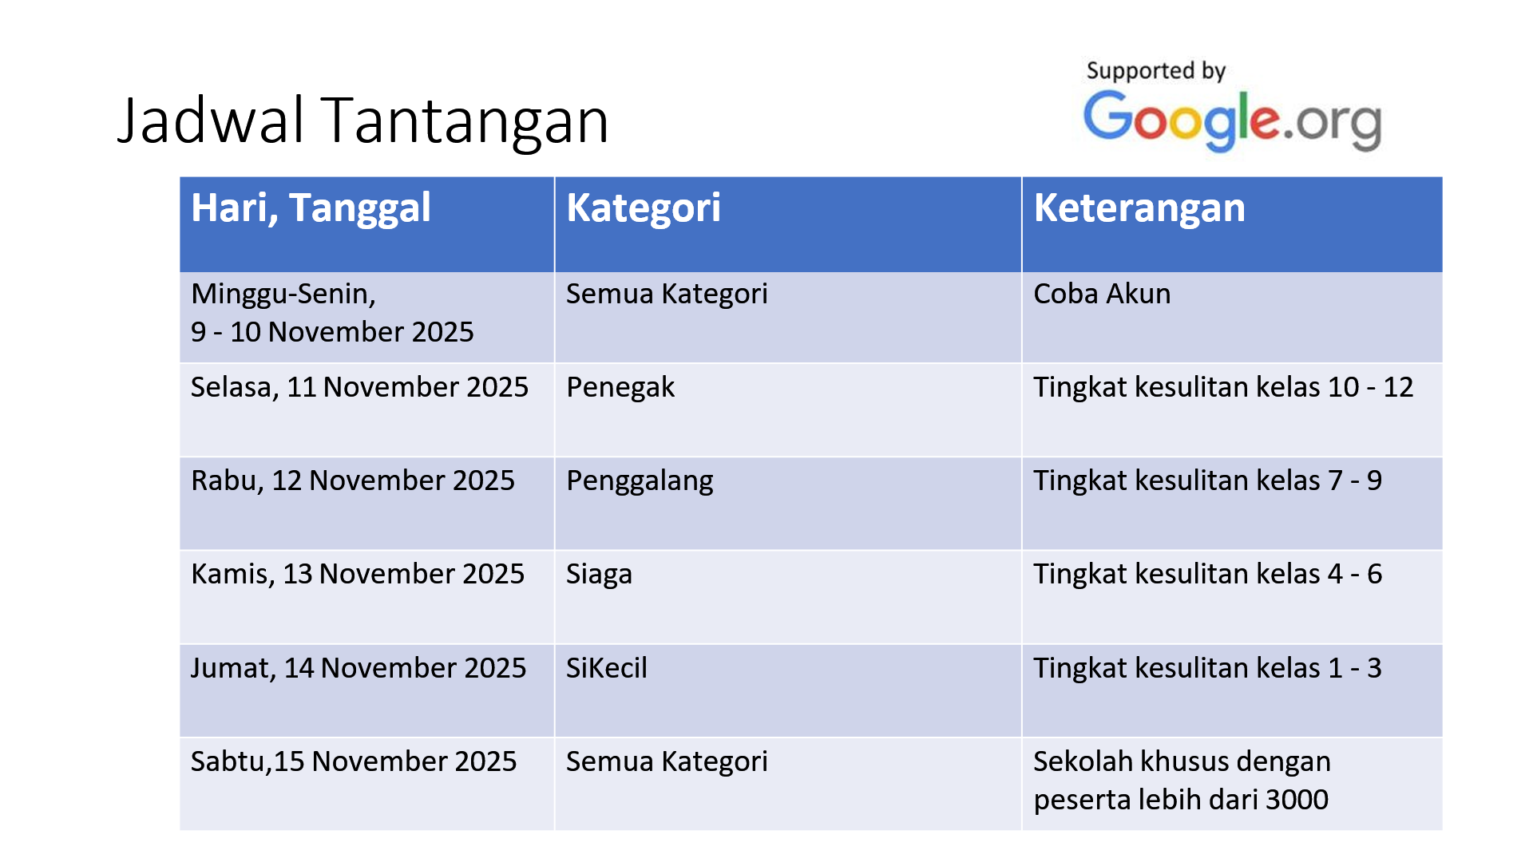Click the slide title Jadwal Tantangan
click(x=363, y=121)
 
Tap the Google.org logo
click(x=1232, y=120)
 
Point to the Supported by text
click(x=1155, y=71)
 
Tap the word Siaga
click(x=599, y=575)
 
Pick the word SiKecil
click(x=607, y=668)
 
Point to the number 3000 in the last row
click(x=1297, y=800)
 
